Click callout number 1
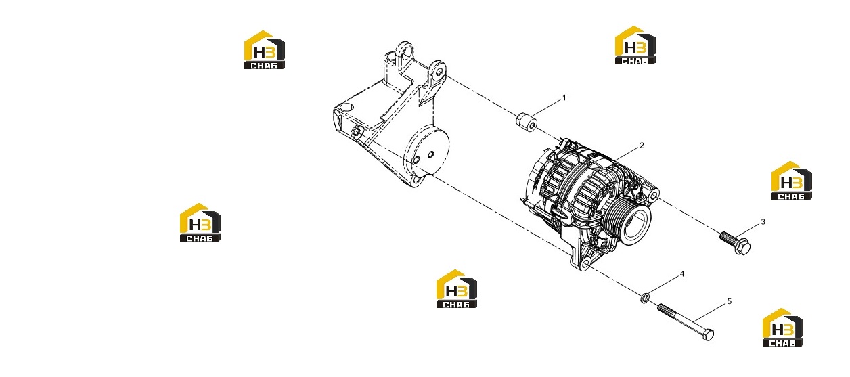[x=564, y=98]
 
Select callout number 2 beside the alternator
[x=642, y=146]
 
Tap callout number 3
[x=763, y=222]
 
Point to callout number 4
[x=682, y=274]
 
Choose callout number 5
[x=729, y=301]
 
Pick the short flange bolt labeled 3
[x=736, y=243]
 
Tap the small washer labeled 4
[x=645, y=298]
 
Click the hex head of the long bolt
[x=708, y=334]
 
